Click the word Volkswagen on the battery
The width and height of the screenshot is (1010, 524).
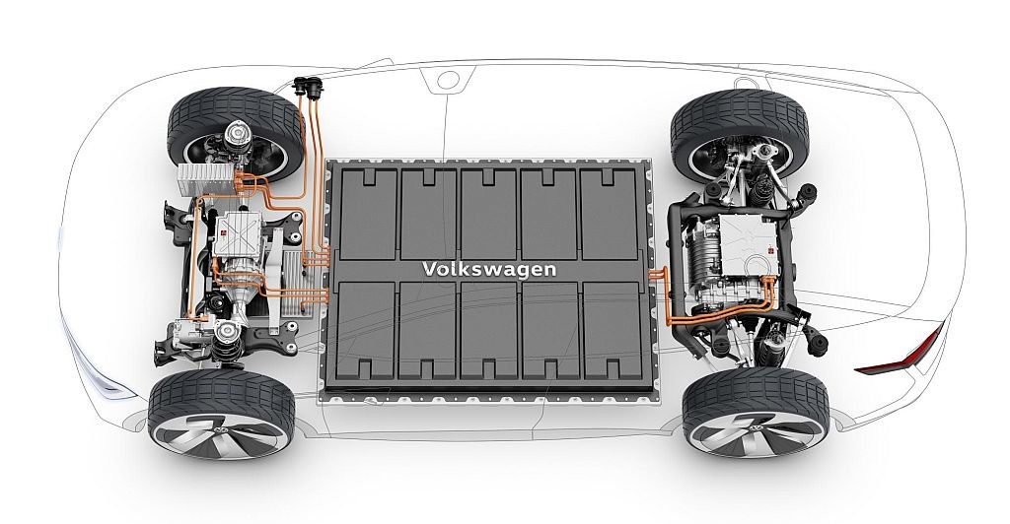[x=489, y=269]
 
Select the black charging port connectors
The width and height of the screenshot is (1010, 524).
[x=307, y=87]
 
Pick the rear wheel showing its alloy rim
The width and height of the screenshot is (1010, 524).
[x=756, y=411]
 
